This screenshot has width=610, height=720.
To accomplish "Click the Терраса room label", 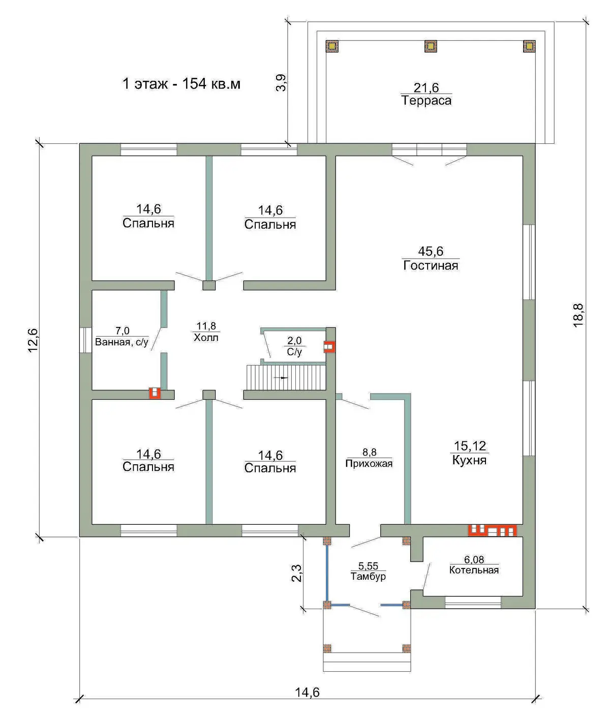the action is (426, 100).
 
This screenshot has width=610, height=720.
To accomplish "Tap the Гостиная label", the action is (431, 265).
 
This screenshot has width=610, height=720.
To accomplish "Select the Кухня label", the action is (469, 460).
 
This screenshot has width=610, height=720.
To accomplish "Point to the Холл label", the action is (206, 337).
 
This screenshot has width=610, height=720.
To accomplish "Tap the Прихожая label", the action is (369, 463).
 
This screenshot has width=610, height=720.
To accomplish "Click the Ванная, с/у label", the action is (122, 342).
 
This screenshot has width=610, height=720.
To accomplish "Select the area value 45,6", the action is (431, 251).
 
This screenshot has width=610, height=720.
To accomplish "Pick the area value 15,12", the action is (470, 445).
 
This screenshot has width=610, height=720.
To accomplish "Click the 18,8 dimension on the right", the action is (578, 315).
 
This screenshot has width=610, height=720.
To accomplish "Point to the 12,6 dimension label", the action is (33, 340).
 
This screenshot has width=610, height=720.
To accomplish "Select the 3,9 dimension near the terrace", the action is (281, 83).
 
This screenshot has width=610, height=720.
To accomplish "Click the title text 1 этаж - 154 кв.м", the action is (181, 83).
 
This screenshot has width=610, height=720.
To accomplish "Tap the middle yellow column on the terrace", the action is (431, 46).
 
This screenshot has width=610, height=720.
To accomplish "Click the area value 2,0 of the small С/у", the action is (294, 340).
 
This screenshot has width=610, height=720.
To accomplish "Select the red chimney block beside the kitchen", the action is (492, 530).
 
